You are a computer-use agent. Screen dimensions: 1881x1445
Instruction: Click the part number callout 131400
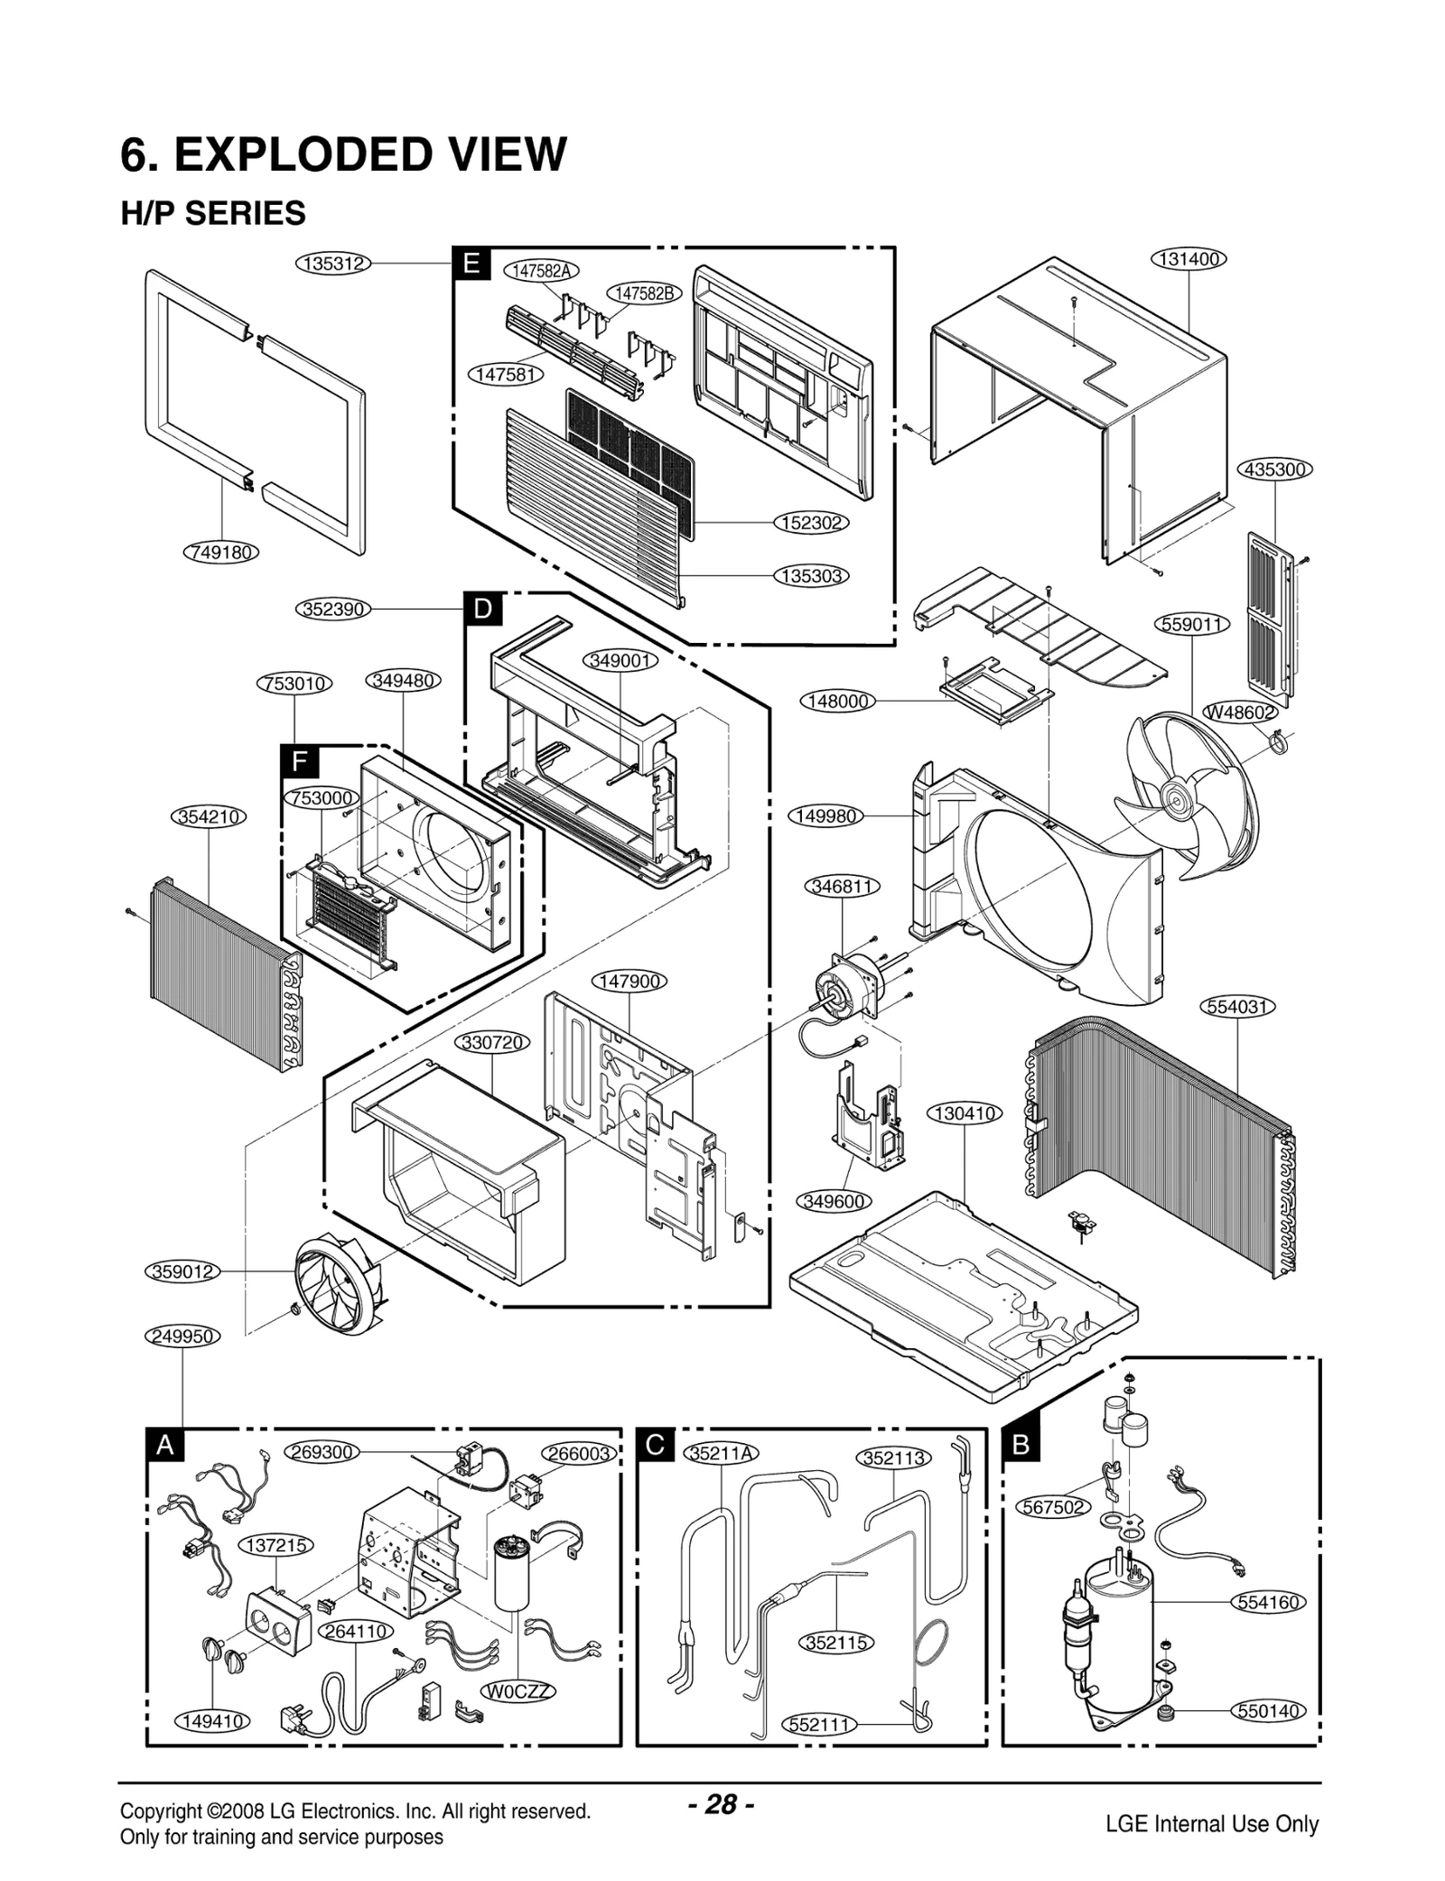pyautogui.click(x=1189, y=259)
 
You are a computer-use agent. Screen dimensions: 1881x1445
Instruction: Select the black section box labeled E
pyautogui.click(x=471, y=264)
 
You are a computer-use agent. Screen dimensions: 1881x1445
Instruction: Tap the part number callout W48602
pyautogui.click(x=1242, y=712)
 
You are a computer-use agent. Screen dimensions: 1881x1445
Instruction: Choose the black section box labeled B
pyautogui.click(x=1021, y=1444)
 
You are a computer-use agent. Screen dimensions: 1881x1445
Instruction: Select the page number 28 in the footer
pyautogui.click(x=721, y=1804)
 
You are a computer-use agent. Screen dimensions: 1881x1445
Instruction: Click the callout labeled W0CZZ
pyautogui.click(x=518, y=1690)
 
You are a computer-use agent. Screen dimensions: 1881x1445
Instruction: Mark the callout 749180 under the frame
pyautogui.click(x=221, y=552)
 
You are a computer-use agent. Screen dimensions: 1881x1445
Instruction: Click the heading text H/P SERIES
pyautogui.click(x=214, y=213)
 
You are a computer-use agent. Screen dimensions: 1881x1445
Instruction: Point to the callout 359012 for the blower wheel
pyautogui.click(x=182, y=1271)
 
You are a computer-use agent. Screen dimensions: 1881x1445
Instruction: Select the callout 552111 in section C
pyautogui.click(x=818, y=1724)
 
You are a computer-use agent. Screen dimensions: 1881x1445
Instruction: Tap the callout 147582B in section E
pyautogui.click(x=644, y=293)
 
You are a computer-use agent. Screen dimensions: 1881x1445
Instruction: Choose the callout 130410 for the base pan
pyautogui.click(x=965, y=1113)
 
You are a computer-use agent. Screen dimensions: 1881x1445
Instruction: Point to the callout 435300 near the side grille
pyautogui.click(x=1274, y=470)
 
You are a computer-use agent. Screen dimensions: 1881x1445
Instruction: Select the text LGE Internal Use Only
pyautogui.click(x=1212, y=1824)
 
